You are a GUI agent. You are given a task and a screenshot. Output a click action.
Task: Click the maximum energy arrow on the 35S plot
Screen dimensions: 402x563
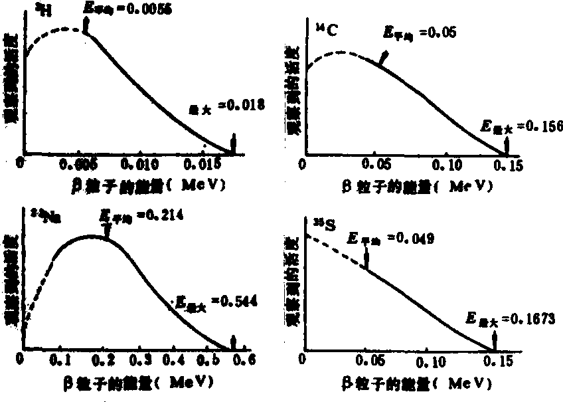pyautogui.click(x=495, y=342)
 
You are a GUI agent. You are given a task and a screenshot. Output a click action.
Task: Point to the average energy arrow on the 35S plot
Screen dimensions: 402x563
pyautogui.click(x=366, y=257)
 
